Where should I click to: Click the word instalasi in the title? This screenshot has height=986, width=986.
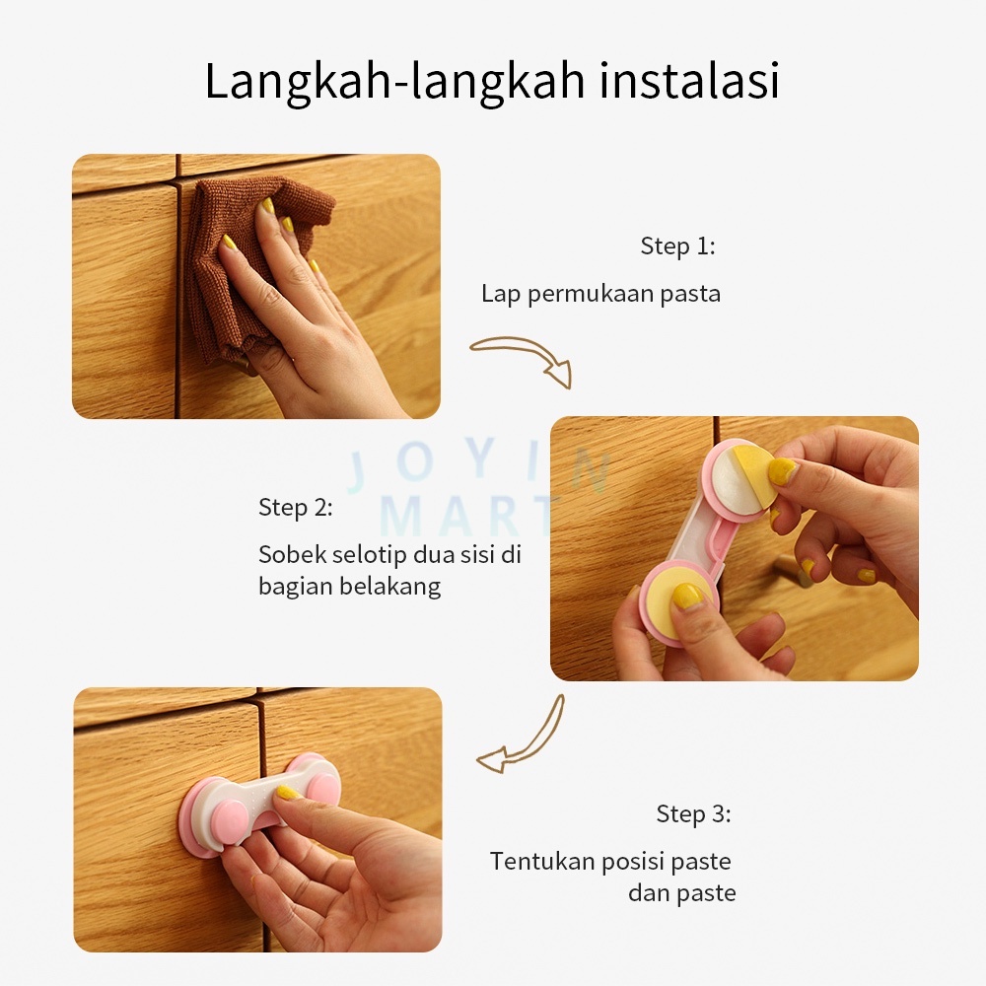689,81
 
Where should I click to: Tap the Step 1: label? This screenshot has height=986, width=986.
678,246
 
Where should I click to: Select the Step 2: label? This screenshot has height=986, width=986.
296,507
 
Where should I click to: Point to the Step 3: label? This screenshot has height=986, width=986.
693,813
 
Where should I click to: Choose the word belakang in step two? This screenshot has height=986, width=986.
389,587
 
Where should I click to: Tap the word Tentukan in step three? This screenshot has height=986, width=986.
542,861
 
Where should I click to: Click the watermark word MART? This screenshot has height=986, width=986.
466,516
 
